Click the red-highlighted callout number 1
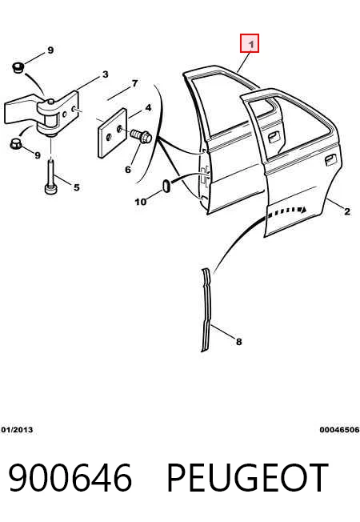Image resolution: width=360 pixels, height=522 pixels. [x=250, y=44]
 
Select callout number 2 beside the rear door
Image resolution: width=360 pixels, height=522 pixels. [x=347, y=211]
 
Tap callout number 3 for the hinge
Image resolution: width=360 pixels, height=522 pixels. [x=105, y=74]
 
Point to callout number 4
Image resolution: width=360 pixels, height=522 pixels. [x=148, y=108]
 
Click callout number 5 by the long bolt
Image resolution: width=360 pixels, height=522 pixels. [x=77, y=187]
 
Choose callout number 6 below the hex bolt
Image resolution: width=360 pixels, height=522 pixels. [x=128, y=170]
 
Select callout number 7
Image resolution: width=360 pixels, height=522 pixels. [x=134, y=83]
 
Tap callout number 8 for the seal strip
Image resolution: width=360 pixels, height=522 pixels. [x=239, y=342]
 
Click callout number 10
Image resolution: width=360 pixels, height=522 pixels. [x=141, y=202]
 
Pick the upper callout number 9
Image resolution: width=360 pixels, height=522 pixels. [x=50, y=50]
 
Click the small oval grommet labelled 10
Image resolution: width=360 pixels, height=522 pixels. [x=166, y=186]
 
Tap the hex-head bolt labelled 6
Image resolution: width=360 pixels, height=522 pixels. [x=142, y=136]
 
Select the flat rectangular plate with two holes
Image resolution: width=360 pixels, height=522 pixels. [x=113, y=133]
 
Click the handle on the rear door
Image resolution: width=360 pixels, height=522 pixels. [x=330, y=160]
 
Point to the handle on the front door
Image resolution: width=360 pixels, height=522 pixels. [x=274, y=136]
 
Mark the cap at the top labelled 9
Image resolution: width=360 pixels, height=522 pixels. [x=18, y=67]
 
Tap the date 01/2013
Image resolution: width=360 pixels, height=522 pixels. [x=17, y=430]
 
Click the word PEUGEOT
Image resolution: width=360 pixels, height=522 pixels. [x=247, y=477]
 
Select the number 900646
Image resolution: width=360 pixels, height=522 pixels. [x=70, y=477]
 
